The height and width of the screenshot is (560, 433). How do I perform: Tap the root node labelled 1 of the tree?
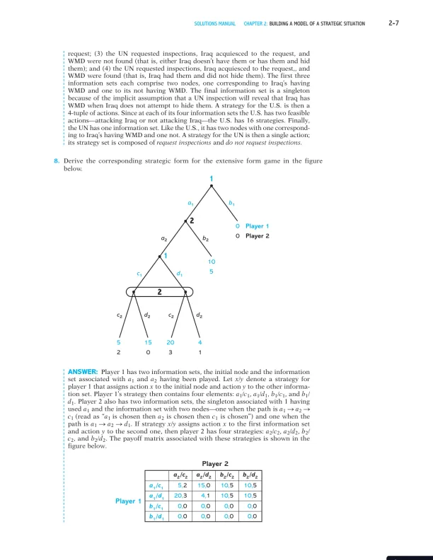(211, 177)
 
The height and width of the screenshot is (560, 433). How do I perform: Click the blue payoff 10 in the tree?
(212, 261)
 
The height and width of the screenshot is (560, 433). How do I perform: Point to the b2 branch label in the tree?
(206, 240)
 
